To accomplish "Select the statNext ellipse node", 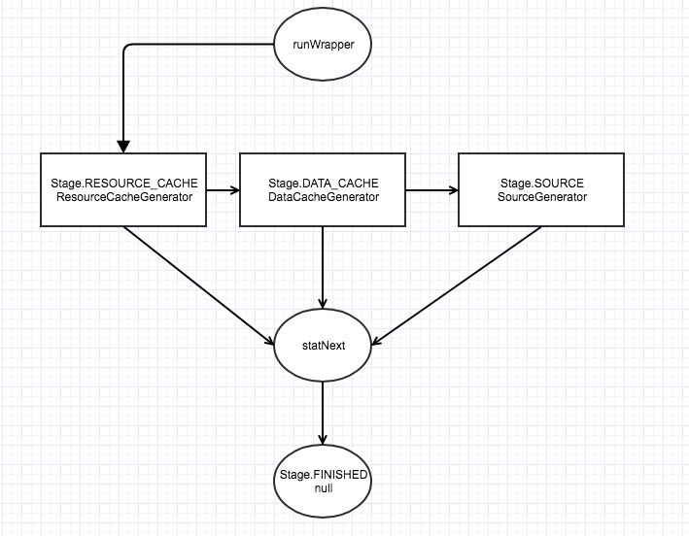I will click(323, 344).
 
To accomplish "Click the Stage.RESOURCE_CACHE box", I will click(123, 189).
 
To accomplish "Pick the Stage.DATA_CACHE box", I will click(323, 189).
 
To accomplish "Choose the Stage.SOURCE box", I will click(541, 189).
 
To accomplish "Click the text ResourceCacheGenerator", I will click(123, 197).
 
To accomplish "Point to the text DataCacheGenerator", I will click(323, 197).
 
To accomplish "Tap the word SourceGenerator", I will click(541, 197).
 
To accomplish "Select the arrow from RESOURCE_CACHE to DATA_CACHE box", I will click(222, 190).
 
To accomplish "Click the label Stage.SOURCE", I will click(541, 183).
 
